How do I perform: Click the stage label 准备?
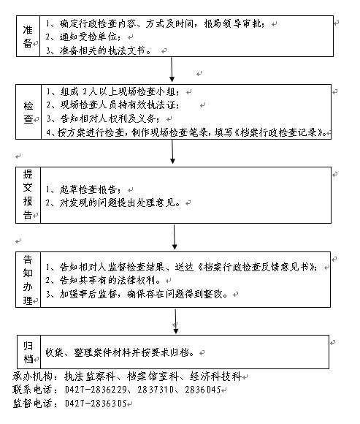click(28, 37)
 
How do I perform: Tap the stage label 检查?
click(28, 113)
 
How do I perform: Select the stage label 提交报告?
click(28, 194)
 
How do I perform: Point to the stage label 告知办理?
click(28, 280)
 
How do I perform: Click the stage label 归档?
click(28, 352)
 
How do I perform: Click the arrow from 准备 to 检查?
click(172, 69)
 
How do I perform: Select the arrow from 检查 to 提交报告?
click(172, 151)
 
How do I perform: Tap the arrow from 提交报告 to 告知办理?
click(175, 237)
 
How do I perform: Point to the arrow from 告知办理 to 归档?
click(175, 321)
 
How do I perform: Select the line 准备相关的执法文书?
click(99, 50)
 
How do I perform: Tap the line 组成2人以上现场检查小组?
click(112, 92)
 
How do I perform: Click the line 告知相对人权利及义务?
click(103, 118)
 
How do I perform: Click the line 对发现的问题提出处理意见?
click(113, 202)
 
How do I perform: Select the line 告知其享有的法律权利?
click(103, 281)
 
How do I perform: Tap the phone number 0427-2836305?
click(96, 404)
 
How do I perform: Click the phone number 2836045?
click(203, 390)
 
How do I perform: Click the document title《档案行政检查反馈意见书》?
click(257, 267)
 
